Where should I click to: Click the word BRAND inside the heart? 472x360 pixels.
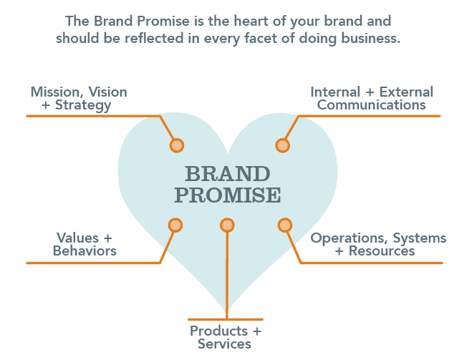(x=228, y=174)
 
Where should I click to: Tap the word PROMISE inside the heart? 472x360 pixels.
(x=228, y=195)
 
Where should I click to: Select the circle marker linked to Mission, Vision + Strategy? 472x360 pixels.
(x=176, y=145)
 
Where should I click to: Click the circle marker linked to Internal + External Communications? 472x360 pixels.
(x=283, y=145)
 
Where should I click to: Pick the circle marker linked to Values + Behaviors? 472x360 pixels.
(x=175, y=225)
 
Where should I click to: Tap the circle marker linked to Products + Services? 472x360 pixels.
(x=227, y=225)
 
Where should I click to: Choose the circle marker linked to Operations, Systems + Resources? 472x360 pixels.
(x=284, y=225)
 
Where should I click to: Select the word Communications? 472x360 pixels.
(x=372, y=105)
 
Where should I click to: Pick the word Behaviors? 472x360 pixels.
(x=85, y=251)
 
